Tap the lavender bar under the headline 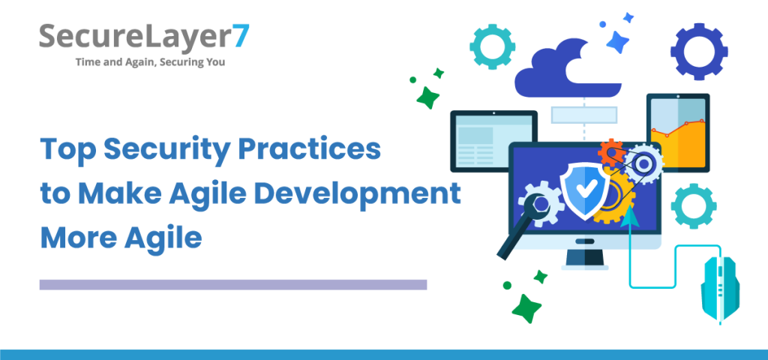click(232, 284)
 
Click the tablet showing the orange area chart click(678, 133)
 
